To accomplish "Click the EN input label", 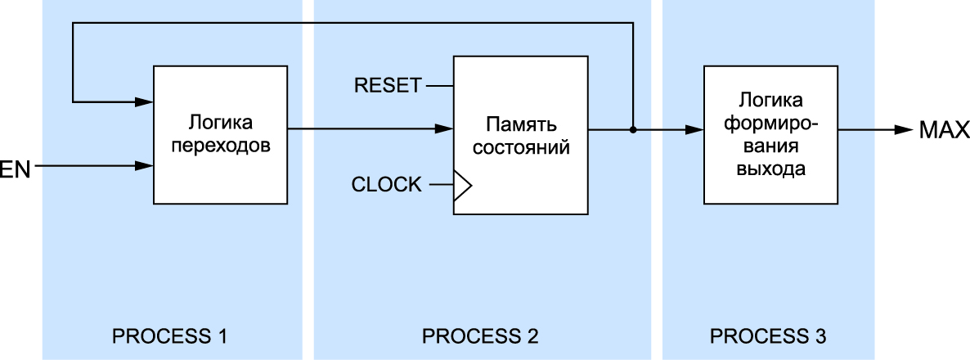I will click(x=15, y=171).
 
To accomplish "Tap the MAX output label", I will click(x=944, y=130).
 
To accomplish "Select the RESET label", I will click(x=388, y=84).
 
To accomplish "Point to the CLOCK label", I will click(x=387, y=185).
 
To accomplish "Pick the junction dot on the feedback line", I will click(x=633, y=129).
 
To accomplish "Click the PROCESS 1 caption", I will click(x=168, y=335).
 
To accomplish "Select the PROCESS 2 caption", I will click(x=480, y=335).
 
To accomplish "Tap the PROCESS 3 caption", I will click(x=768, y=335).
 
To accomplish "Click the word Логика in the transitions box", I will click(x=221, y=123).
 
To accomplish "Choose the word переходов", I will click(x=221, y=147).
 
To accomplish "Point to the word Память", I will click(x=521, y=125).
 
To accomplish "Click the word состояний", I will click(x=521, y=150).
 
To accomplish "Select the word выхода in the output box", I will click(x=771, y=170).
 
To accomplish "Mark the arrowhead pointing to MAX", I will click(x=903, y=129).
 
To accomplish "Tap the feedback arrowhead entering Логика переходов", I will click(x=146, y=102).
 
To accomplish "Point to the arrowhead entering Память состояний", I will click(x=445, y=128).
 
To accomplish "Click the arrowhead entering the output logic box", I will click(x=695, y=129).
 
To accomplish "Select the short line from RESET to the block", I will click(x=439, y=84).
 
